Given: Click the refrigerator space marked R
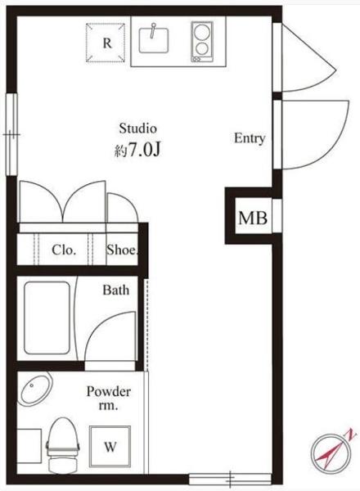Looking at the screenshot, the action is click(106, 43).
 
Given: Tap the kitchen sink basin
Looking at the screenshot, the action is click(154, 40).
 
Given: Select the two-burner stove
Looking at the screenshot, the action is click(202, 42).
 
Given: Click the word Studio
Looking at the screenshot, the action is click(137, 128).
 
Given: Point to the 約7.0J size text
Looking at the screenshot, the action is click(137, 151).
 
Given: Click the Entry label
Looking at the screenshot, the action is click(250, 138).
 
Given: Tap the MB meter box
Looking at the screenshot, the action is click(253, 218).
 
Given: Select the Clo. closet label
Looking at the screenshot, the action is click(64, 250).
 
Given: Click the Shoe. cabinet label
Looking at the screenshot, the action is click(122, 250).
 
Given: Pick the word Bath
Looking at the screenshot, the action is click(116, 290).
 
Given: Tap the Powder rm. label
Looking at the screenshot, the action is click(109, 399).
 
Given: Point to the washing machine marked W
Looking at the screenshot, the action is click(110, 446).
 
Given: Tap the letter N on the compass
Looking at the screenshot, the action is click(351, 434).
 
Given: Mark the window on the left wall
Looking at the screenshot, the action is click(12, 134).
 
